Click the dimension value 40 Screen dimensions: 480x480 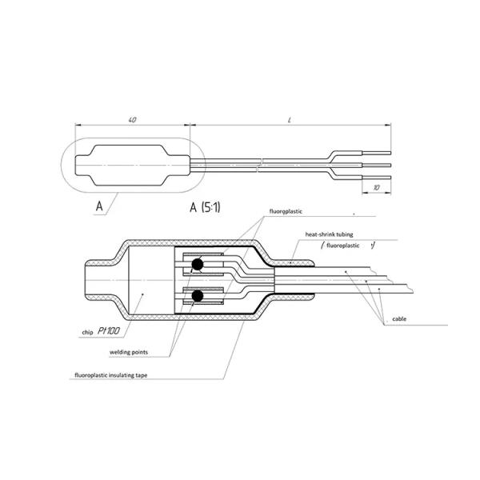pos(132,119)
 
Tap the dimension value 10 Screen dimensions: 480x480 pos(375,186)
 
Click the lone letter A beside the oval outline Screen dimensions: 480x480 pos(100,206)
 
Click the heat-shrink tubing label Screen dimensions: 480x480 pos(327,234)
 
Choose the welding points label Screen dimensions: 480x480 pos(130,350)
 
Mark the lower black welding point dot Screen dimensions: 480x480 pos(195,298)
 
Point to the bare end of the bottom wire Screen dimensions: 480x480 pos(376,177)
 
